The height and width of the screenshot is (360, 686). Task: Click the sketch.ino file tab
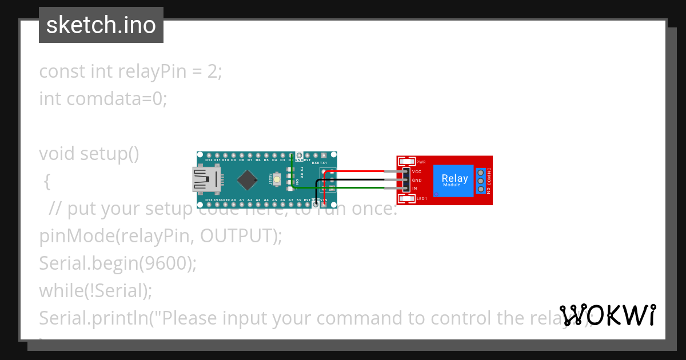tap(101, 25)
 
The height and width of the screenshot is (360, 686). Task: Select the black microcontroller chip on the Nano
tap(247, 180)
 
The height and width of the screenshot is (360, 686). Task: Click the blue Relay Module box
tap(454, 180)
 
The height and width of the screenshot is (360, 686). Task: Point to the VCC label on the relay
tap(417, 171)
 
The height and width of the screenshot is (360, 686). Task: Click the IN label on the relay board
tap(414, 189)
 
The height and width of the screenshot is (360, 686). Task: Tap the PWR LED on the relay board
tap(409, 162)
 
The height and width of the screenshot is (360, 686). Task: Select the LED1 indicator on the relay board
tap(408, 198)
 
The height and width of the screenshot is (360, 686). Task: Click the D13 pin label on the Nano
tap(209, 200)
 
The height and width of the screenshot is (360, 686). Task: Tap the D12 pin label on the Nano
tap(209, 161)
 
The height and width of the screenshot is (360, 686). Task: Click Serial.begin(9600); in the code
tap(118, 263)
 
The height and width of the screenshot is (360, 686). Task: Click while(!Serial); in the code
tap(95, 291)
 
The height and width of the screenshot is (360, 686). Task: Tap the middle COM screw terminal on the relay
tap(481, 180)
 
